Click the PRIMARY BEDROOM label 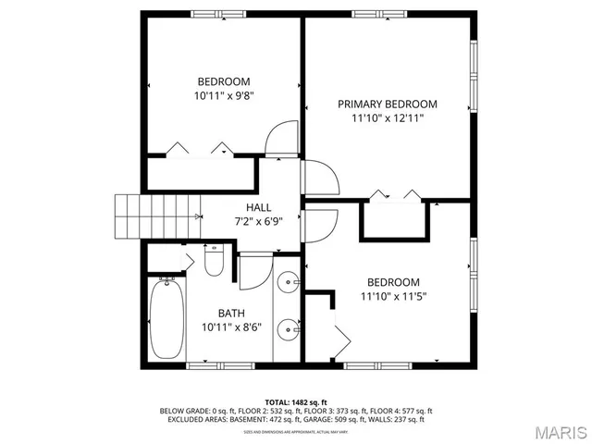click(x=388, y=104)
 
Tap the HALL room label click(x=258, y=206)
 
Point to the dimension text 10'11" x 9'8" click(x=222, y=95)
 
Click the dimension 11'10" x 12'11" click(x=388, y=118)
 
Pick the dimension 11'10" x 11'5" click(x=393, y=297)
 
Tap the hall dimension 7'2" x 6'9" click(x=258, y=221)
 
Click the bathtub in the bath click(x=167, y=319)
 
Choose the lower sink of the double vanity click(x=289, y=327)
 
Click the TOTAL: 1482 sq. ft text click(x=296, y=402)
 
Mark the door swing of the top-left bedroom click(x=281, y=140)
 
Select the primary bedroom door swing click(x=318, y=177)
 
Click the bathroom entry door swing click(x=253, y=271)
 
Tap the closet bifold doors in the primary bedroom click(x=394, y=195)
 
